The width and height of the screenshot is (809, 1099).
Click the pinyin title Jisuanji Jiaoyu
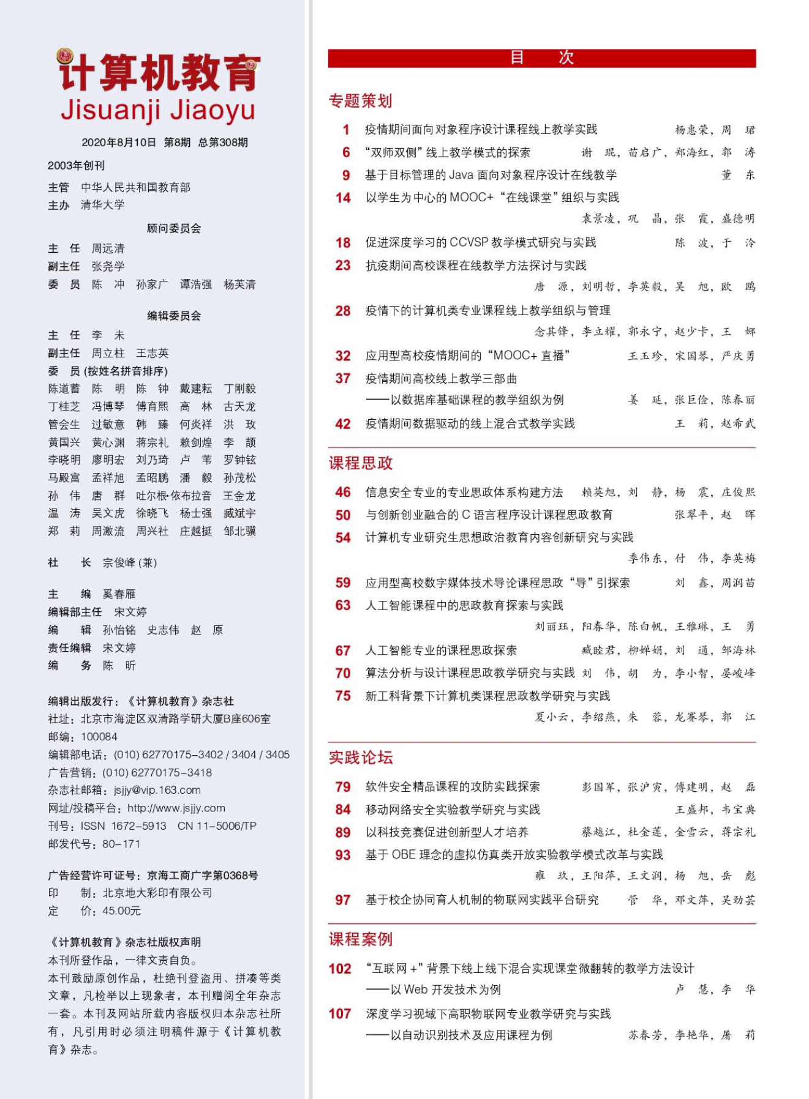point(158,110)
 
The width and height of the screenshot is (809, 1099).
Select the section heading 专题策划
point(360,101)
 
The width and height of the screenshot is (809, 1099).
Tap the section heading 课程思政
point(361,463)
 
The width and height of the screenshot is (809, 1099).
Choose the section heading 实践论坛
point(361,758)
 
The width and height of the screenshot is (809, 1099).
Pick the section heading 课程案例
point(361,939)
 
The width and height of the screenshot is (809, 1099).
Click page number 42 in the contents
point(343,424)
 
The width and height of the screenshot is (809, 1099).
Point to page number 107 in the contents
point(340,1014)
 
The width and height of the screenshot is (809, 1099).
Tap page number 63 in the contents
point(343,605)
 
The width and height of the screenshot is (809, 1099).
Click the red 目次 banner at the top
point(541,58)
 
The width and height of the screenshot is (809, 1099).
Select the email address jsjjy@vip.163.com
point(157,790)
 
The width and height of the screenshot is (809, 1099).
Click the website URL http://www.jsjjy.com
point(176,808)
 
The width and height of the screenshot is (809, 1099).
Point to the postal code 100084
point(99,737)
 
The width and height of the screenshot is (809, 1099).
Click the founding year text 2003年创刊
point(77,165)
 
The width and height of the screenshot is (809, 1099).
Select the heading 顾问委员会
point(174,228)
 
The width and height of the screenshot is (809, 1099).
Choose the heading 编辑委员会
point(174,316)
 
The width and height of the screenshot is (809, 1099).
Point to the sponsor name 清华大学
point(103,205)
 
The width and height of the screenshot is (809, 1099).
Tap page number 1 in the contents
point(346,130)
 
